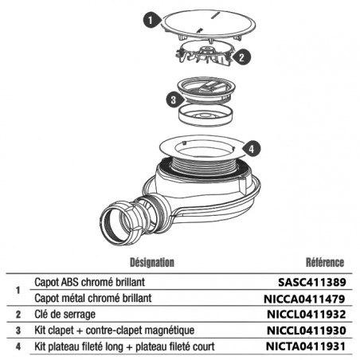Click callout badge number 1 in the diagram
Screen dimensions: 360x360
pos(151,21)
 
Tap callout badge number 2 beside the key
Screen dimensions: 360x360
pos(241,57)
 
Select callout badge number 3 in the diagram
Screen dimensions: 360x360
pos(174,100)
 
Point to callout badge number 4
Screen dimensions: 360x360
pos(251,149)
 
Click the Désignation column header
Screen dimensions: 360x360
pos(152,262)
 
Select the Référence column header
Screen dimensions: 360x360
pos(325,262)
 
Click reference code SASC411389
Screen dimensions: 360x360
pos(312,282)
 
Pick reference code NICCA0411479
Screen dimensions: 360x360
pos(304,299)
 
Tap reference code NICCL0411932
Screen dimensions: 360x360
pos(307,315)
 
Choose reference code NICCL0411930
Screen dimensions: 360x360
pos(307,331)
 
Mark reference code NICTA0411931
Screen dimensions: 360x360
pos(306,346)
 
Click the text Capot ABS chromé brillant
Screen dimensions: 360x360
pos(90,282)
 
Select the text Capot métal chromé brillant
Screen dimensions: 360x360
pos(93,298)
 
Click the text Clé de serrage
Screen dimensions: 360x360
pos(65,315)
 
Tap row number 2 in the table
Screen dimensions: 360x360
pos(18,315)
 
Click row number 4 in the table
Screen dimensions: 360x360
pos(18,346)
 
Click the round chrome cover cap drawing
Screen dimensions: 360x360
pos(209,25)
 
